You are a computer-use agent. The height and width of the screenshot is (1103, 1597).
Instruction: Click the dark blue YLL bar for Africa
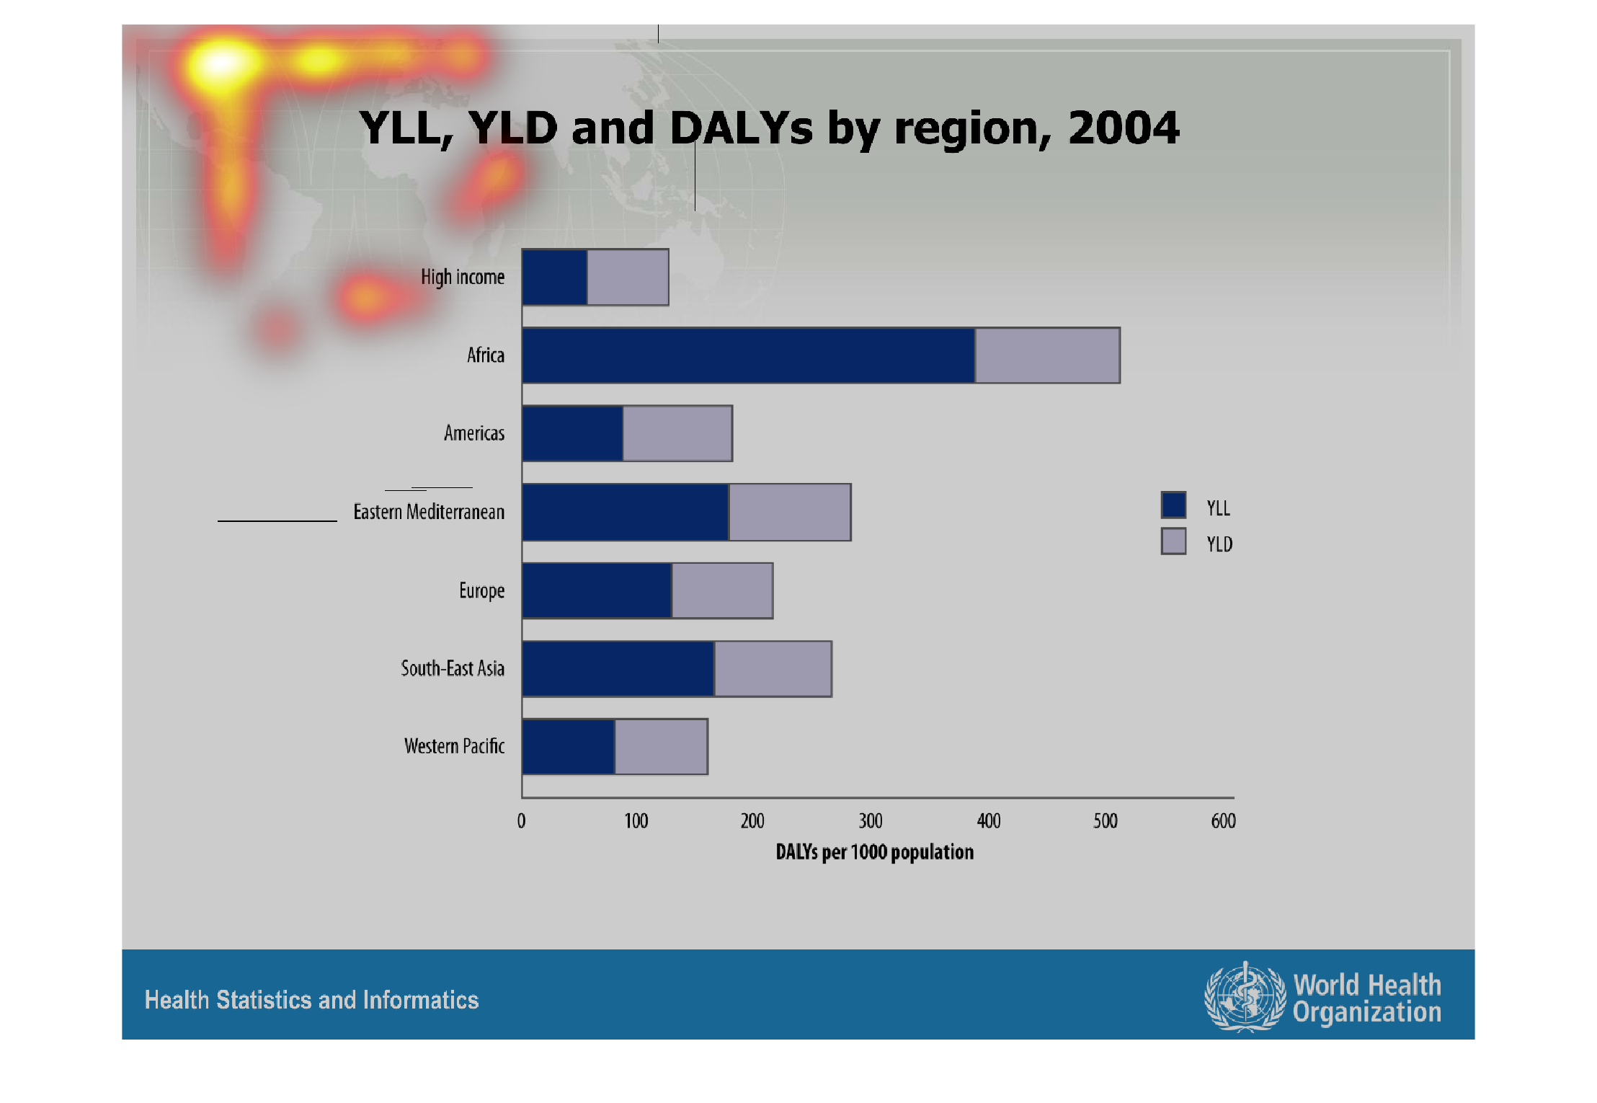(x=748, y=355)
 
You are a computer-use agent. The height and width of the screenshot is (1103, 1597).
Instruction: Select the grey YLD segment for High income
(x=628, y=277)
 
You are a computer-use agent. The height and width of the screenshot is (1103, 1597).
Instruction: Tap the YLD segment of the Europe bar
(x=722, y=590)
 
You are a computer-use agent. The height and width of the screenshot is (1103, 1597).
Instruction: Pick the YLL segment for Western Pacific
(x=569, y=747)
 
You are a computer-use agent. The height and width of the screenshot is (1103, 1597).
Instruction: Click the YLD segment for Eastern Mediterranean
(x=790, y=512)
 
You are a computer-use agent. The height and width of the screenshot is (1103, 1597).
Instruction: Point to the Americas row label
(x=474, y=433)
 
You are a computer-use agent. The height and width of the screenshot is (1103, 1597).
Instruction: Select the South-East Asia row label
(x=453, y=668)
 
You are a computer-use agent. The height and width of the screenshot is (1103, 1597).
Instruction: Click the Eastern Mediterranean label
(x=429, y=512)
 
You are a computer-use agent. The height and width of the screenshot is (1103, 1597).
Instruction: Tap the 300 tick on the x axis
(x=871, y=821)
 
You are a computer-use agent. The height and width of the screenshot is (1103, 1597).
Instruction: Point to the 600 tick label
(x=1224, y=821)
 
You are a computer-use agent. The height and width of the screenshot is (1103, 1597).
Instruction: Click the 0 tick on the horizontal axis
(x=521, y=821)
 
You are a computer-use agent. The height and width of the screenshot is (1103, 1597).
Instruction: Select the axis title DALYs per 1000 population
(x=874, y=852)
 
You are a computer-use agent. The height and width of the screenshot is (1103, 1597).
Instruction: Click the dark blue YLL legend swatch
(x=1173, y=505)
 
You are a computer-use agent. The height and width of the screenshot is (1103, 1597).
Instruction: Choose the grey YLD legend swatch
(x=1173, y=541)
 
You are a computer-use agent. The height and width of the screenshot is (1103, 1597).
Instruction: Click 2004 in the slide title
(x=1124, y=128)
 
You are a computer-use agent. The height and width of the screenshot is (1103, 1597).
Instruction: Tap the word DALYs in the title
(x=742, y=128)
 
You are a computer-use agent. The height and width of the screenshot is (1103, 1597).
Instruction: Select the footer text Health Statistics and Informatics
(x=311, y=1000)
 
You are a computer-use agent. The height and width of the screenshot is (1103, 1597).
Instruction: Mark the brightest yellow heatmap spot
(x=222, y=63)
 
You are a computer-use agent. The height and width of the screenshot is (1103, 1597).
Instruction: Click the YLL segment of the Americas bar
(x=573, y=433)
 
